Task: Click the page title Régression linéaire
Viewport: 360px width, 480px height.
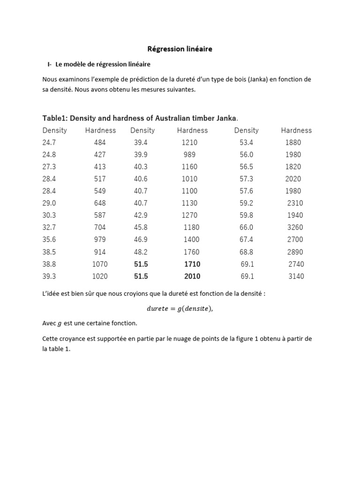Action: pos(180,49)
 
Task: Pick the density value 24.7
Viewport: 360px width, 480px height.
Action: pos(49,142)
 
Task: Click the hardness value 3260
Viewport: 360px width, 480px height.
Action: pos(295,227)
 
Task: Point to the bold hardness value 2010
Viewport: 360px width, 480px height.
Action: pos(192,276)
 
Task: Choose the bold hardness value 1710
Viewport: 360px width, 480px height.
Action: pos(192,264)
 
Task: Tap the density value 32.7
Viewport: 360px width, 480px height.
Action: pos(49,227)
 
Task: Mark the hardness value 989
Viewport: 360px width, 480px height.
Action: pos(190,155)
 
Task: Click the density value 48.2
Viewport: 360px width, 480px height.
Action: pos(141,252)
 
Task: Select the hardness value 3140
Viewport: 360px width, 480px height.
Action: pos(296,276)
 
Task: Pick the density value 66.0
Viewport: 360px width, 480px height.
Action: pos(247,227)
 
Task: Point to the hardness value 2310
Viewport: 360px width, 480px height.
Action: pos(295,203)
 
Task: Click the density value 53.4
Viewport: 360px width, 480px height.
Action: pos(247,142)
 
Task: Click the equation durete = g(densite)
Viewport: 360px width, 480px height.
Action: pos(176,308)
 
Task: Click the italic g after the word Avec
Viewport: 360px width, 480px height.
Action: pos(60,324)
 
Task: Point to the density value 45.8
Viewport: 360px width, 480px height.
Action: pos(141,227)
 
